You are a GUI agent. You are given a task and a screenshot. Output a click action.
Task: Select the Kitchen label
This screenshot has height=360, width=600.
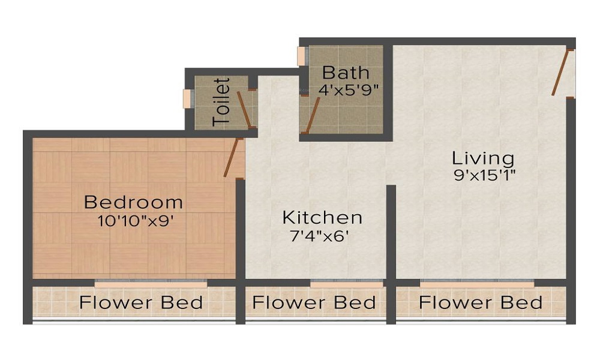[322, 217]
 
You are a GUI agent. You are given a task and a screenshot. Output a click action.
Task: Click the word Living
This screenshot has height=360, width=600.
[483, 158]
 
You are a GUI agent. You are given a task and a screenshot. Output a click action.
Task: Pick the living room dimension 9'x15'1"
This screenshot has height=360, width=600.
[485, 176]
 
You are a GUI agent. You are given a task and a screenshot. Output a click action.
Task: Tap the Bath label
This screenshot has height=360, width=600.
[346, 73]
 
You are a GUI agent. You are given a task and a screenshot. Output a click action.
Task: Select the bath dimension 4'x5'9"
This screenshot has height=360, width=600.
[349, 91]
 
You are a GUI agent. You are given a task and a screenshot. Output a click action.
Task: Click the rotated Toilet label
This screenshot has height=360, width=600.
[222, 101]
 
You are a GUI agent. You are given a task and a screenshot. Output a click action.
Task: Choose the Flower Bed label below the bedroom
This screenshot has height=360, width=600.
[141, 302]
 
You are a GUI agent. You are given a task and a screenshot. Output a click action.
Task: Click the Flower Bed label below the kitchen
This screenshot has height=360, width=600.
[314, 302]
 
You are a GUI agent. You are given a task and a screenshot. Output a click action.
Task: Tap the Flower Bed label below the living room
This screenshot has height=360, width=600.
[481, 302]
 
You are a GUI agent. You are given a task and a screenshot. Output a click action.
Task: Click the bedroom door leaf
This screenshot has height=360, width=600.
[232, 157]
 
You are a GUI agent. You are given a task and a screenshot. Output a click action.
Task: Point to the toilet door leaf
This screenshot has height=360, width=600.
[244, 109]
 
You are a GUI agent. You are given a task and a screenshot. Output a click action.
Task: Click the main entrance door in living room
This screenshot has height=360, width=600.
[560, 73]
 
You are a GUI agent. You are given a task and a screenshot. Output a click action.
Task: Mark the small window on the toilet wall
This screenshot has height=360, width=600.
[187, 98]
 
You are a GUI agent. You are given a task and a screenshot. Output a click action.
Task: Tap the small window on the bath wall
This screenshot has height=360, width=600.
[301, 56]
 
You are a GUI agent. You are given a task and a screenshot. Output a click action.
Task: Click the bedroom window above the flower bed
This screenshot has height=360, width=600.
[151, 281]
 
